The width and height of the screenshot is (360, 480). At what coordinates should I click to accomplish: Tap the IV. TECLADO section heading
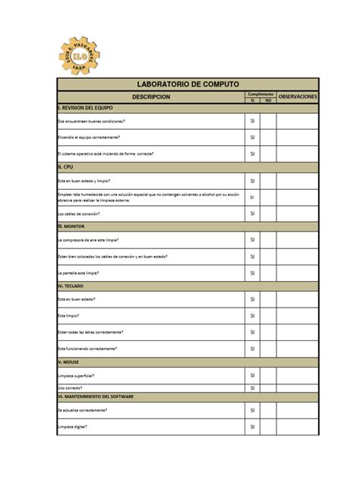[x=71, y=286]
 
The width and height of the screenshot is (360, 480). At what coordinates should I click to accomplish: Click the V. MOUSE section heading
[x=68, y=362]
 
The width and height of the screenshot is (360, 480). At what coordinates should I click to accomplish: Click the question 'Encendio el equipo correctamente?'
[x=88, y=137]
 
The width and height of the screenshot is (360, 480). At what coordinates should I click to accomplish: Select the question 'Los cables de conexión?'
[x=79, y=213]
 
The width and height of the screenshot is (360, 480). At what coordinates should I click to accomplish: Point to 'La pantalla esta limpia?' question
[x=80, y=272]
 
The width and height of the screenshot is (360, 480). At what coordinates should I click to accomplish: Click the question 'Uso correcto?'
[x=70, y=387]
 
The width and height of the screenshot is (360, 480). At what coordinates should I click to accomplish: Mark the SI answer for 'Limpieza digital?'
[x=252, y=427]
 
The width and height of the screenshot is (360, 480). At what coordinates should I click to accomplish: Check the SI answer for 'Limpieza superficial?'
[x=252, y=375]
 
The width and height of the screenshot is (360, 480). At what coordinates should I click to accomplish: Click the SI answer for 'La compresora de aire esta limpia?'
[x=252, y=240]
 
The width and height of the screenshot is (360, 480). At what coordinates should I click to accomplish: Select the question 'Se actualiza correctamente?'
[x=82, y=410]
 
